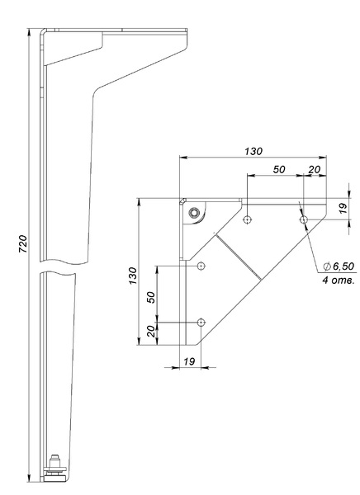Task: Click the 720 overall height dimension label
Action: click(23, 243)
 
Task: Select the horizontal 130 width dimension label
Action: click(253, 151)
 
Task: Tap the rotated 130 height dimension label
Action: click(133, 276)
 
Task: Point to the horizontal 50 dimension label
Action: click(279, 169)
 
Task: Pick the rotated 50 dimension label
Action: click(151, 297)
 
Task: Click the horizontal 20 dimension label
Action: click(314, 169)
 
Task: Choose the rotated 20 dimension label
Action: click(151, 331)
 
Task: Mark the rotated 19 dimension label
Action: click(343, 208)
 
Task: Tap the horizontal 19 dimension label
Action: click(189, 361)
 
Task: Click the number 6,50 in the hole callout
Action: click(343, 266)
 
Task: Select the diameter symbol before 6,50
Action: click(327, 266)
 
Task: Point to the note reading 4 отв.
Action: click(339, 280)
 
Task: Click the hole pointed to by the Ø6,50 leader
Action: click(304, 219)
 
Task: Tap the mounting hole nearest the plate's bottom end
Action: click(201, 323)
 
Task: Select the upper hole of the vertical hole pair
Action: click(201, 266)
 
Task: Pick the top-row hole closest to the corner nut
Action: click(248, 219)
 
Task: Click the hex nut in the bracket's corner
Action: click(193, 213)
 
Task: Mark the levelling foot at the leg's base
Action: click(55, 471)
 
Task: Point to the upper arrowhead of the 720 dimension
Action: click(29, 32)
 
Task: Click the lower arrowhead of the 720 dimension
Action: click(29, 478)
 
